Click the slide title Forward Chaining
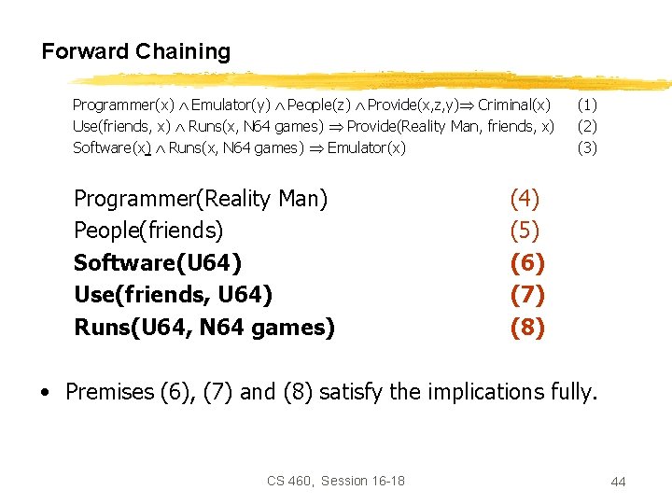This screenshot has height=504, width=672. pos(135,51)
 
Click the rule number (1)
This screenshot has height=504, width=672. pos(587,105)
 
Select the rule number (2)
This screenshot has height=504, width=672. pos(587,126)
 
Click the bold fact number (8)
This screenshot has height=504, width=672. pos(527,328)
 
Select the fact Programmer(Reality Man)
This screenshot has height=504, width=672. pos(201,199)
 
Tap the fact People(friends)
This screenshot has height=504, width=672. pos(148,231)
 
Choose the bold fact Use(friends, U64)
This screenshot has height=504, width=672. pos(174,295)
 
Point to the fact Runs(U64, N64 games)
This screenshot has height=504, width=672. pos(204,328)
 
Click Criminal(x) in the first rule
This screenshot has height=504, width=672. pos(513,105)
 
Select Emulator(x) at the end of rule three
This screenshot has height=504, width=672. pos(366,147)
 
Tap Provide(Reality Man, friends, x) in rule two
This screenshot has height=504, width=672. pos(450,126)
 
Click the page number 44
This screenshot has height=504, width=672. pos(618,482)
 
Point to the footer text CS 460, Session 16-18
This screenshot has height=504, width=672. pos(336,481)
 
